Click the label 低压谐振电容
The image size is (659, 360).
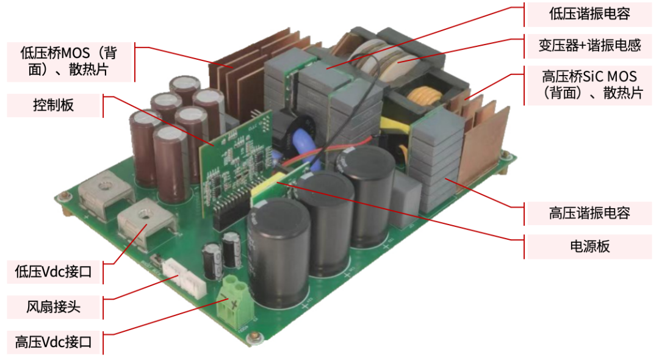(589, 14)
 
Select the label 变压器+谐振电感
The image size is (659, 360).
(589, 45)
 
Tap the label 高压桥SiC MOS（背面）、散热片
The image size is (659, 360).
(589, 84)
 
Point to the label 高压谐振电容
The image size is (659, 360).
(589, 213)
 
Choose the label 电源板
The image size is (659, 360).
(589, 246)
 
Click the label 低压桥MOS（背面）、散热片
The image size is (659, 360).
(69, 61)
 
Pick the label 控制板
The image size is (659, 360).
(53, 105)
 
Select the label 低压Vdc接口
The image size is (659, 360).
(53, 272)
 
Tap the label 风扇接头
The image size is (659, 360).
(53, 307)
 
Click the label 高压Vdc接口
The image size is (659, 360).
(53, 342)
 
